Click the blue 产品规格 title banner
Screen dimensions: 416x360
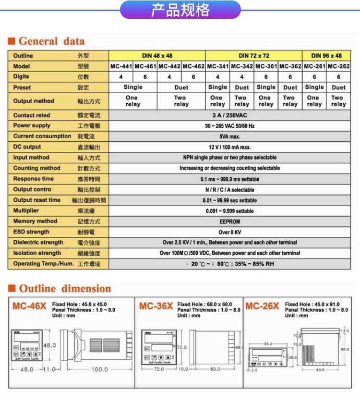(x=180, y=10)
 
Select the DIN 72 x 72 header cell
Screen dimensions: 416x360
(x=254, y=56)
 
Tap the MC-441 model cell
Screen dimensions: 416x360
(x=121, y=66)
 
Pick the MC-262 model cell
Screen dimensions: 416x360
(x=338, y=66)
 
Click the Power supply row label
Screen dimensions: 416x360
(x=32, y=126)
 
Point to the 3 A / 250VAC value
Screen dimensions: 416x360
(x=229, y=115)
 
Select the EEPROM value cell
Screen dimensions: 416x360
(x=229, y=221)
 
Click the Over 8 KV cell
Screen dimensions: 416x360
(x=229, y=232)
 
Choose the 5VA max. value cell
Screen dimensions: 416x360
(x=229, y=136)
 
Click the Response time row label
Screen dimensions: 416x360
(x=34, y=179)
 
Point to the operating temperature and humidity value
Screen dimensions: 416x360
(x=229, y=264)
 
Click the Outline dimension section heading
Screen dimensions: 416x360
(x=64, y=289)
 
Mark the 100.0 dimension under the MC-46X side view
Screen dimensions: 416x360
(x=100, y=369)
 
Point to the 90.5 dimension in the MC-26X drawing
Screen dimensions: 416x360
(x=321, y=370)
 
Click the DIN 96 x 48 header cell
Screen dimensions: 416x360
(x=326, y=56)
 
